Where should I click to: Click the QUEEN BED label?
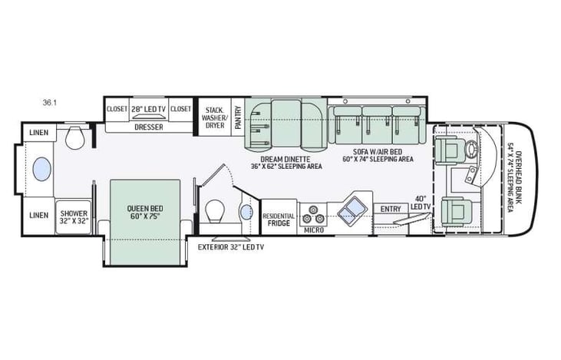coord(146,212)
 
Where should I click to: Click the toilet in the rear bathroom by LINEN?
coord(75,139)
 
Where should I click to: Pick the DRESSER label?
coord(148,127)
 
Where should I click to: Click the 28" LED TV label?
coord(148,109)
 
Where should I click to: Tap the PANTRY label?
coord(238,116)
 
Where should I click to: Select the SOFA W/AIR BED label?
coord(376,153)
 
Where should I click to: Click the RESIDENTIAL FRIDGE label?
coord(279,220)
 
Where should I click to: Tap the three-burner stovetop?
coord(313,210)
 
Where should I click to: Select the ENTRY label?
coord(391,209)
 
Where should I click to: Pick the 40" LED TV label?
coord(421,203)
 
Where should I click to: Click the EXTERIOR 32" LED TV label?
coord(232,247)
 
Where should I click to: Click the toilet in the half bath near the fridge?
coord(216,210)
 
